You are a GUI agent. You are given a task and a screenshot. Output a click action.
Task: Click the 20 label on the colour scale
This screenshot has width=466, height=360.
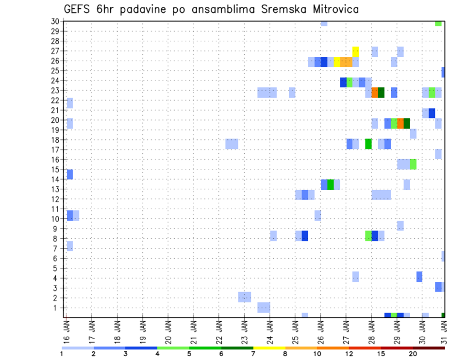tap(413, 354)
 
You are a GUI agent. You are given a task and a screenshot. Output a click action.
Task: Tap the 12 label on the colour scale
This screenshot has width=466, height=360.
tap(349, 354)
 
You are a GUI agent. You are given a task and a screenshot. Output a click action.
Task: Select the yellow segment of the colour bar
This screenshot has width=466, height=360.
tap(269, 348)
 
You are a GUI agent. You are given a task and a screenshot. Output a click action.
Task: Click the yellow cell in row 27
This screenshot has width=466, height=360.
tap(355, 51)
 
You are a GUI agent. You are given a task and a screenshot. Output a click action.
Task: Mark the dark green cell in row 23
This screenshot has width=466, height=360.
tap(381, 92)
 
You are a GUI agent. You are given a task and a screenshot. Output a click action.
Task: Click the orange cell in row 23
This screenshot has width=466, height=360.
tap(375, 92)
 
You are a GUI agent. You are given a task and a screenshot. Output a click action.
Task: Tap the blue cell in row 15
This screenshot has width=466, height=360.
tap(69, 174)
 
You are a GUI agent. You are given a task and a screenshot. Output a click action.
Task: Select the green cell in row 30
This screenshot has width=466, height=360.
tap(438, 23)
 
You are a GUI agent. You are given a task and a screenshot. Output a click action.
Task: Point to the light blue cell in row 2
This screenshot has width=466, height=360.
tap(245, 297)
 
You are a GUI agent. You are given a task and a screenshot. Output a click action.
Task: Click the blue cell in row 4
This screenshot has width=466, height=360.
tap(419, 277)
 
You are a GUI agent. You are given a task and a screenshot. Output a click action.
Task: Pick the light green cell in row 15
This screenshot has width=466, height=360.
tap(413, 164)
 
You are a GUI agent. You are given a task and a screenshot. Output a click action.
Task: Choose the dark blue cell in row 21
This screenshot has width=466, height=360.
tap(432, 113)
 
